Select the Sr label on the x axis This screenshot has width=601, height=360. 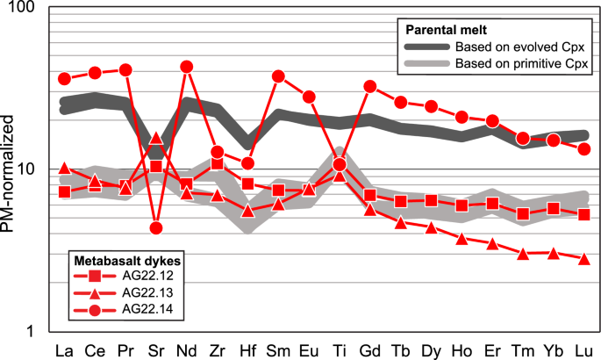pyautogui.click(x=155, y=349)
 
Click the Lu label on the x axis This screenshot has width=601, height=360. pyautogui.click(x=583, y=349)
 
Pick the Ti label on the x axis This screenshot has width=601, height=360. pyautogui.click(x=340, y=349)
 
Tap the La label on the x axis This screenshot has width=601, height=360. pyautogui.click(x=64, y=349)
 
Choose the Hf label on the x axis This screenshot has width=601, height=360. pyautogui.click(x=247, y=349)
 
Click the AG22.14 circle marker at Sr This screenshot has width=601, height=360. pyautogui.click(x=155, y=228)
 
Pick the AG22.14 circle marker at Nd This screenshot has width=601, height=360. pyautogui.click(x=186, y=67)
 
